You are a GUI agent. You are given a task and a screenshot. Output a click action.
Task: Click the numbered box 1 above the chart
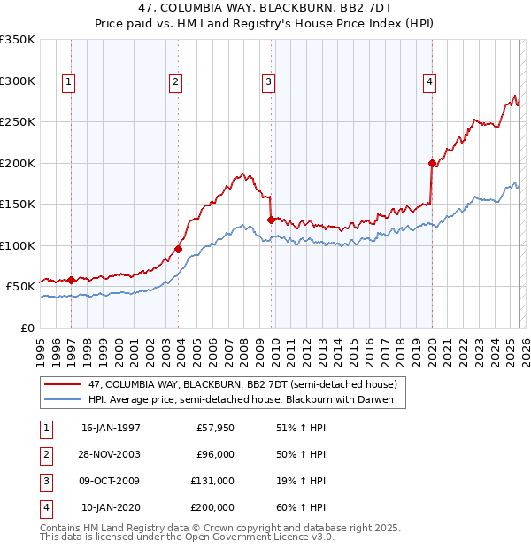pos(69,82)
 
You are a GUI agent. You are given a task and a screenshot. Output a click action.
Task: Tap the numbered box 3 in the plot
pos(268,82)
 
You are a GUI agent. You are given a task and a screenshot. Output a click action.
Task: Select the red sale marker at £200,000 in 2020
pos(432,163)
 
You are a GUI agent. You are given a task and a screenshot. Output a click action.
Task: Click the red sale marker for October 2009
pos(271,220)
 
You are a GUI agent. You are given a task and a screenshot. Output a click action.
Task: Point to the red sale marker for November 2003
pos(179,249)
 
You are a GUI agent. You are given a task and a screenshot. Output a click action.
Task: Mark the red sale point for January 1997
pos(72,280)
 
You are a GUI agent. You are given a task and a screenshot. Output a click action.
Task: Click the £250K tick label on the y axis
pos(18,122)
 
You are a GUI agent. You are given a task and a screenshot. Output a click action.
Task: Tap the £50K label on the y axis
pos(20,287)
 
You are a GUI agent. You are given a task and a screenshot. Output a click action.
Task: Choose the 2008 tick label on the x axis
pos(243,349)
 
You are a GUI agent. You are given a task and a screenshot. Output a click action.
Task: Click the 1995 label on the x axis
pos(41,349)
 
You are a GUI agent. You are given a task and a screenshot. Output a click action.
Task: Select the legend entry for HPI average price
pos(246,399)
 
